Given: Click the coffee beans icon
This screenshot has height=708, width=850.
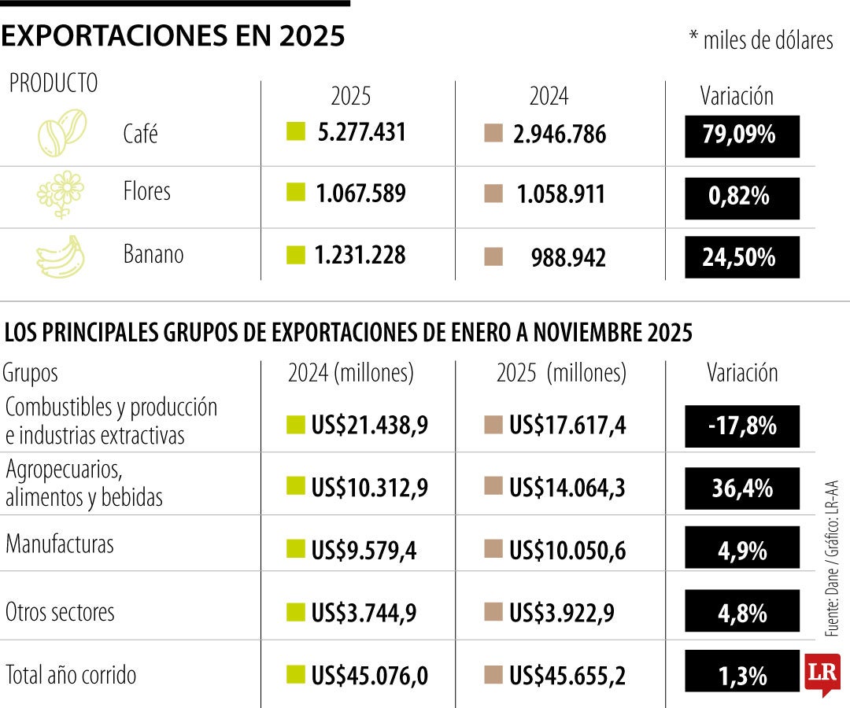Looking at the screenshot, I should pos(62,132).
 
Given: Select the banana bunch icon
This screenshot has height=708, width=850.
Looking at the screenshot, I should pos(61,256).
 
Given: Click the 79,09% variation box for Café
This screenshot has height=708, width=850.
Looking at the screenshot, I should pos(742,135).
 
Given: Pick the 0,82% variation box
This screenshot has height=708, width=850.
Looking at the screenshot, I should pos(742,197).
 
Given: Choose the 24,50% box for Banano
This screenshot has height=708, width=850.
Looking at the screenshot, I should pos(742,258).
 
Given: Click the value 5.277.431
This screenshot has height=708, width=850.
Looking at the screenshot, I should pos(361,133).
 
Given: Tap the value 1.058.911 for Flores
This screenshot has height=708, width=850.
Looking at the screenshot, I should pos(560,195).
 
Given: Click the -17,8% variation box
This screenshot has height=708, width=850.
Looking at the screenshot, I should pos(742,426).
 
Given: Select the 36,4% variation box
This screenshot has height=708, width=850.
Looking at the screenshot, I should pos(742,489).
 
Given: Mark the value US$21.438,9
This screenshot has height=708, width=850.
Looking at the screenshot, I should pos(369,426).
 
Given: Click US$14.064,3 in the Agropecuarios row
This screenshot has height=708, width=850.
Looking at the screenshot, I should pos(567,489).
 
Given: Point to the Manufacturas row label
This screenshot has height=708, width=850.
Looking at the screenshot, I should pos(60,544).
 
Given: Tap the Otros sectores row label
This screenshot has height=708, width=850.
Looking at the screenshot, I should pos(60,612).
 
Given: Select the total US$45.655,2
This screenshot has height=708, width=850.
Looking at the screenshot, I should pos(567,676).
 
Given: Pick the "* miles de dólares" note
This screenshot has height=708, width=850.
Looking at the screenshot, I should pos(760,41).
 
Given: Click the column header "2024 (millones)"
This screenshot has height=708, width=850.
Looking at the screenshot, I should pos(351,373).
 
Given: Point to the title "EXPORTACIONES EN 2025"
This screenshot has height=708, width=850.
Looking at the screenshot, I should pos(173,35).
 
